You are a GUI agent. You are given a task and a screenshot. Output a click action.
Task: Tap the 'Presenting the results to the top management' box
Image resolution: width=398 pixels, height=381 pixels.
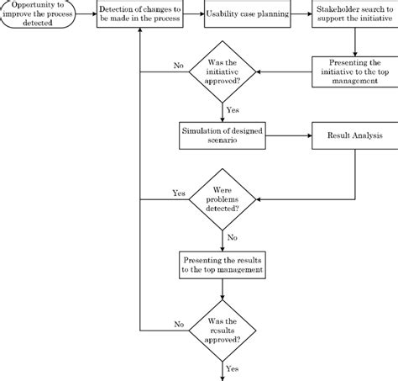[223, 265]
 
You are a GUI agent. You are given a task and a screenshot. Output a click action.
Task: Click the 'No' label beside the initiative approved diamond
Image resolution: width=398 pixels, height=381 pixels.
[179, 66]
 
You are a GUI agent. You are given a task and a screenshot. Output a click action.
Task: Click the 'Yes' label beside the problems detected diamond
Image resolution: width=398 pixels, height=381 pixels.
[179, 192]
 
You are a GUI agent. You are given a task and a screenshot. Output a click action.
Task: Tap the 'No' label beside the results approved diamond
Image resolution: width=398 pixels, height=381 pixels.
[179, 323]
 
